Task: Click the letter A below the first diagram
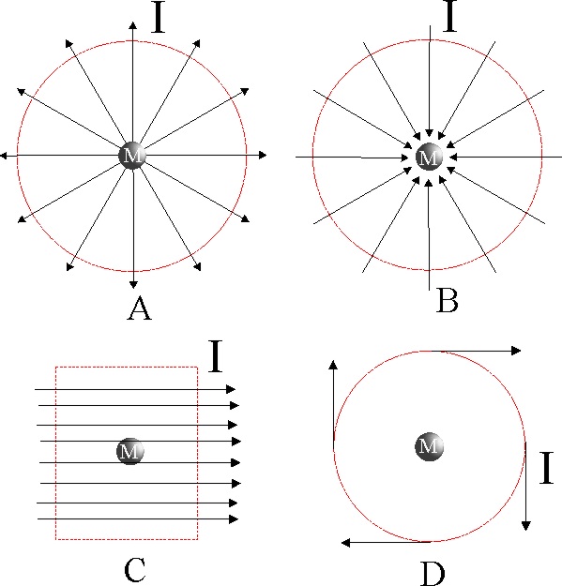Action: point(139,308)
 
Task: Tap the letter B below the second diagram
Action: point(448,301)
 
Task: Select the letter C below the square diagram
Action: point(134,569)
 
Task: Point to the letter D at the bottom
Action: point(433,574)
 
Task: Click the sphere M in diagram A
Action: point(132,155)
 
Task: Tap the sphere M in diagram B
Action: point(430,157)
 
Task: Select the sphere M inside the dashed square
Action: point(130,451)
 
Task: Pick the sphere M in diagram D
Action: point(430,446)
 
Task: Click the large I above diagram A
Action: point(159,17)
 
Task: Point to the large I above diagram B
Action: point(449,16)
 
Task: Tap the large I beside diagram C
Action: point(216,355)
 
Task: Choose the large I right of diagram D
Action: point(546,468)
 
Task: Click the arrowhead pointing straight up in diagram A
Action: point(132,25)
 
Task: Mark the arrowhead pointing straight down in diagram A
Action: point(133,284)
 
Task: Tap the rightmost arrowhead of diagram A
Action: point(263,155)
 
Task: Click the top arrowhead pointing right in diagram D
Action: point(516,351)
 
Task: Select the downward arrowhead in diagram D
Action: point(526,526)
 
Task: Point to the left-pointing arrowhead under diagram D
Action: point(346,543)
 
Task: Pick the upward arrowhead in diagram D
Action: point(333,365)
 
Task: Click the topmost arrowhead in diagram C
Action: point(231,389)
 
